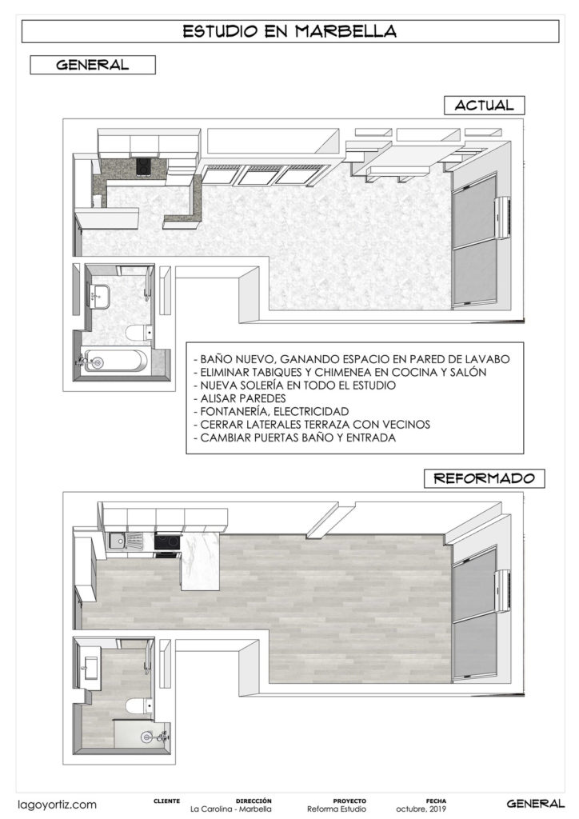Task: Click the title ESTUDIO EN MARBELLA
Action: tap(289, 31)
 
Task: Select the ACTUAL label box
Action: tap(479, 105)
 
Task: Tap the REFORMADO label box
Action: tap(484, 479)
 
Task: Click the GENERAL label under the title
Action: tap(93, 65)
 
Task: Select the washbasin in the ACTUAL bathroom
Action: tap(100, 294)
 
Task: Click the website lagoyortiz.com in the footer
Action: tap(58, 804)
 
